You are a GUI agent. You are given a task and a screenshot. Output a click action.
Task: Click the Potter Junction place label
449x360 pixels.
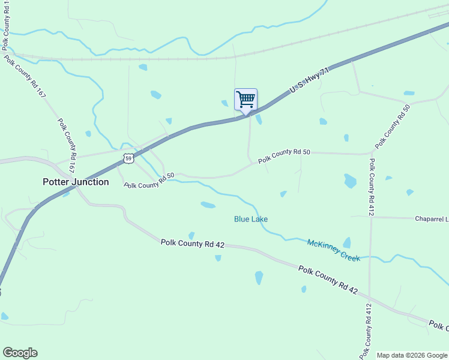pyautogui.click(x=76, y=182)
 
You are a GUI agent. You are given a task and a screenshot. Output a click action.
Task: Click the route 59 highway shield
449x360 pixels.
pyautogui.click(x=128, y=159)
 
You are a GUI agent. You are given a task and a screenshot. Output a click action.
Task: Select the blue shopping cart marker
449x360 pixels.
pyautogui.click(x=246, y=100)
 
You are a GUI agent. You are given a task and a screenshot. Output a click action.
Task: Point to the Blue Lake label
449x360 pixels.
pyautogui.click(x=251, y=219)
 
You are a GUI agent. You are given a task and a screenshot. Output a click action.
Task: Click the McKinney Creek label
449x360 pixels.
pyautogui.click(x=334, y=250)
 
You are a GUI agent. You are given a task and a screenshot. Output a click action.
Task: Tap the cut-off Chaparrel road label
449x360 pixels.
pyautogui.click(x=431, y=219)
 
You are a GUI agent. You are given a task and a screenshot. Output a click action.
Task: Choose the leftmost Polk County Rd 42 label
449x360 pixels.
pyautogui.click(x=193, y=243)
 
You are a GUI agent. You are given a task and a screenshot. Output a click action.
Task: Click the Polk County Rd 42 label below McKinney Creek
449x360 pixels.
pyautogui.click(x=328, y=280)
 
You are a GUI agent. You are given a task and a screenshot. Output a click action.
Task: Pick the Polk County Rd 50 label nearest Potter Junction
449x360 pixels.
pyautogui.click(x=149, y=181)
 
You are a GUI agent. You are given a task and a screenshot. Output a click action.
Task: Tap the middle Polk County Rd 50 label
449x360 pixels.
pyautogui.click(x=284, y=157)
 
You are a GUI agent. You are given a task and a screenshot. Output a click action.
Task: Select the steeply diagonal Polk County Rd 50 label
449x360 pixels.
pyautogui.click(x=393, y=127)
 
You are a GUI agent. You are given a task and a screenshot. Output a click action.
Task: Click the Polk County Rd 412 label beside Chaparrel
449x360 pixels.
pyautogui.click(x=372, y=187)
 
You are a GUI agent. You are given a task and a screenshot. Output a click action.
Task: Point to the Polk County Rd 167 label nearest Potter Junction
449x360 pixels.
pyautogui.click(x=67, y=146)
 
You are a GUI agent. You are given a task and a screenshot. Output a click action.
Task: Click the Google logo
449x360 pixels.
pyautogui.click(x=20, y=353)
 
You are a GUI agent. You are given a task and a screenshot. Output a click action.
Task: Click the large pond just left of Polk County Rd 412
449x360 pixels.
pyautogui.click(x=350, y=181)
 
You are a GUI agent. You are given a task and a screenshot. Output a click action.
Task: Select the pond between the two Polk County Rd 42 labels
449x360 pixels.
pyautogui.click(x=259, y=277)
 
